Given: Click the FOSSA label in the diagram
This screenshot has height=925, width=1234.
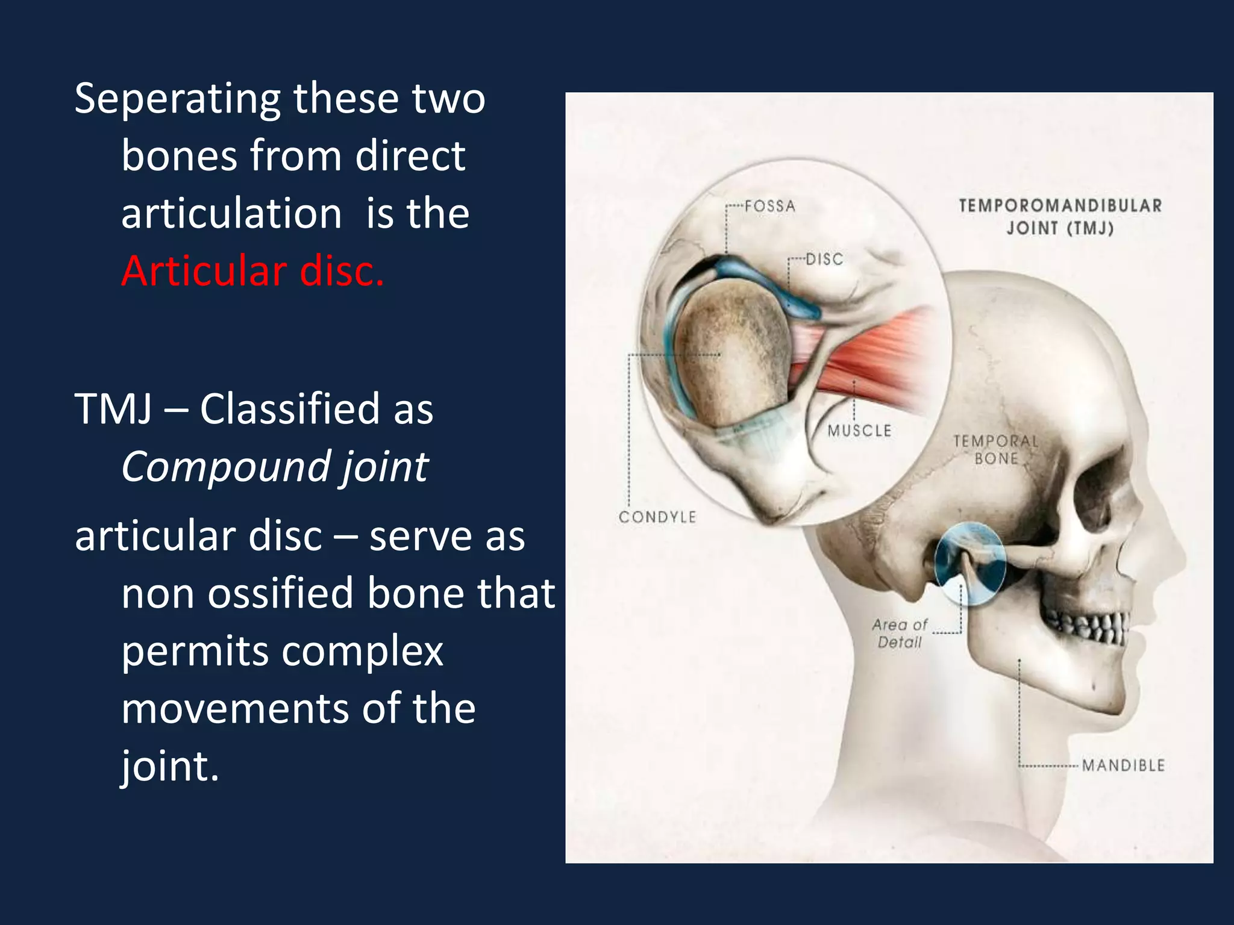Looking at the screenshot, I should click(769, 207).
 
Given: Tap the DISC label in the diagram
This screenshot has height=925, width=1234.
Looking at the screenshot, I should click(824, 260).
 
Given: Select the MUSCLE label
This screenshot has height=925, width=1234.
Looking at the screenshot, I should click(859, 431).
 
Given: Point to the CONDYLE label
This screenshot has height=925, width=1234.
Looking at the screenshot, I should click(657, 517).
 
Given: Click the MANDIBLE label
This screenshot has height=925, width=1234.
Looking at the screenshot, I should click(1123, 765).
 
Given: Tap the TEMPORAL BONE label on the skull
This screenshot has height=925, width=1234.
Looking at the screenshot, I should click(996, 450).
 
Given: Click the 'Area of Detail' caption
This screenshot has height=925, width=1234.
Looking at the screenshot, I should click(900, 634).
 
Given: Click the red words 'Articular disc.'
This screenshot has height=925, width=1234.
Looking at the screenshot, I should click(252, 271).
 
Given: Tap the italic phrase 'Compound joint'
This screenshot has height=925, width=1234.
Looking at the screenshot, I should click(275, 467).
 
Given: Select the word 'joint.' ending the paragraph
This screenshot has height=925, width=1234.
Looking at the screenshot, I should click(170, 766).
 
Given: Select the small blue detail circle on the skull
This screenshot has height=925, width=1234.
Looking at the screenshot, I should click(969, 563).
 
